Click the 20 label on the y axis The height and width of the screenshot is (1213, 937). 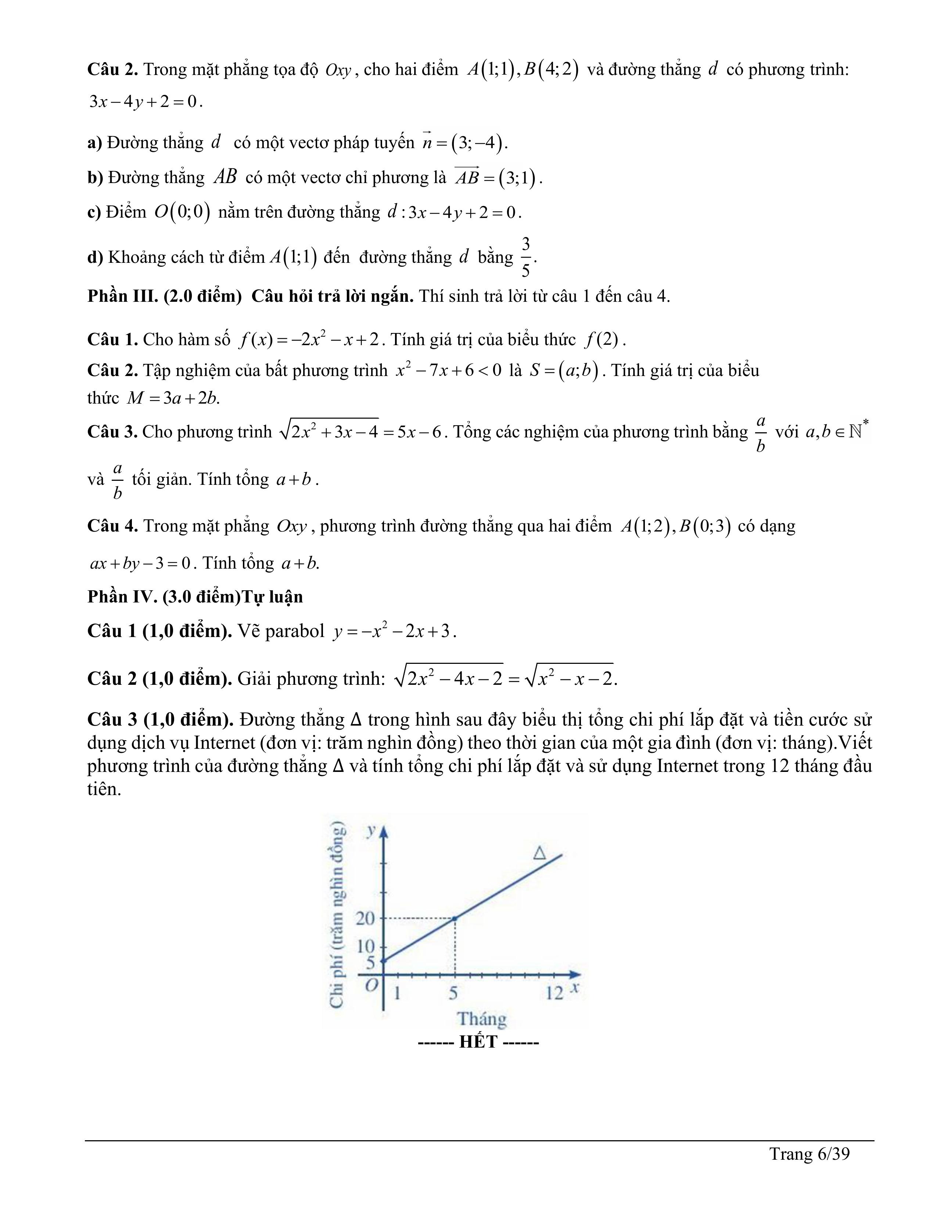(x=365, y=918)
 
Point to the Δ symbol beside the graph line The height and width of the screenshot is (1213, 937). (x=539, y=852)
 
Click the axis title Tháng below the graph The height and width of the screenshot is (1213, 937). (x=481, y=1019)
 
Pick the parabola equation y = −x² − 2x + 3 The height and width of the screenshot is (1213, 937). (x=394, y=631)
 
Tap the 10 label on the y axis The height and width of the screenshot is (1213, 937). (x=365, y=946)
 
